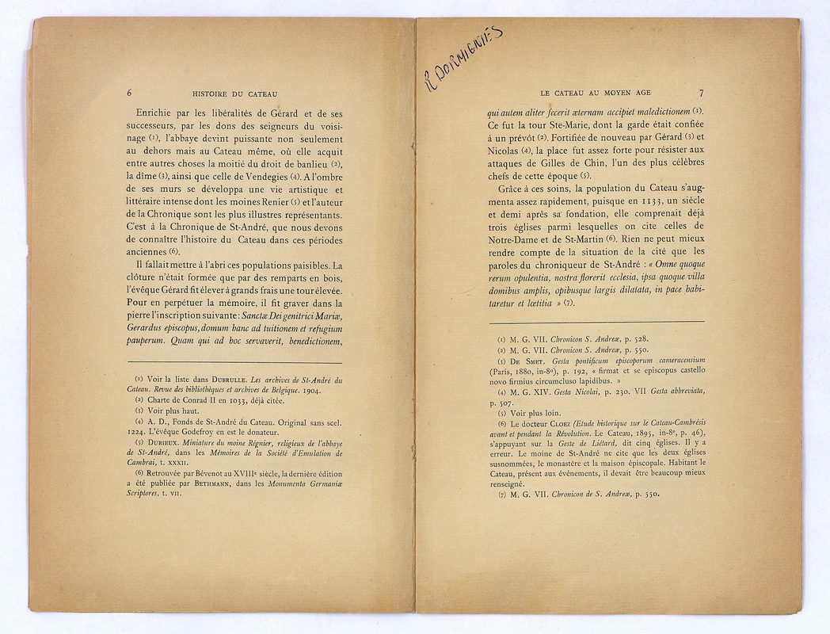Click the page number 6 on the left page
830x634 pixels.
tap(129, 91)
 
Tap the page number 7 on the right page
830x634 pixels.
tap(702, 92)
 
